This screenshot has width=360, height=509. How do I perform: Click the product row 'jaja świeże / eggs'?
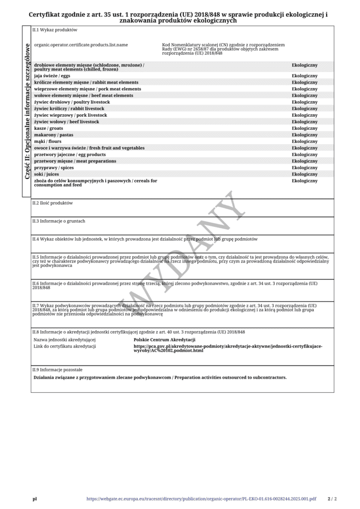(52, 76)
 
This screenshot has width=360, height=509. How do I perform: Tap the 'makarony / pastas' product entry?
(54, 135)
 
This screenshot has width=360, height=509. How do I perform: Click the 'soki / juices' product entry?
(47, 174)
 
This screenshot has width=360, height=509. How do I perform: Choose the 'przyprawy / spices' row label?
(54, 168)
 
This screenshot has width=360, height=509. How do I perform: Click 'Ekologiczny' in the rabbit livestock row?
(304, 108)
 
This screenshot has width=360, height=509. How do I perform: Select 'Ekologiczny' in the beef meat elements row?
(304, 95)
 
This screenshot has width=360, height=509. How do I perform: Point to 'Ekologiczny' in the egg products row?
(304, 155)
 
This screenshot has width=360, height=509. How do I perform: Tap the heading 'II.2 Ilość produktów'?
(53, 203)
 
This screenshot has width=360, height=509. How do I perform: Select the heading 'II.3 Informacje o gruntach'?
(59, 220)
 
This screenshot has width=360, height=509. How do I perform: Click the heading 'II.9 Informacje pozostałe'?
(58, 370)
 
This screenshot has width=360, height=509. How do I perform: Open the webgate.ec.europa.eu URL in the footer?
(201, 499)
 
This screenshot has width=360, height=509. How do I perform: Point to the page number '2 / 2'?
(332, 499)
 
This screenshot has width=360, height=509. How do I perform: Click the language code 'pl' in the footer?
(35, 499)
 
